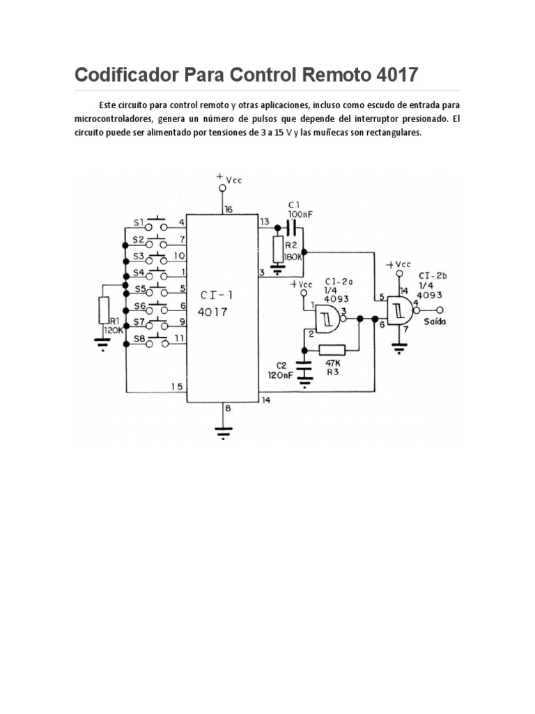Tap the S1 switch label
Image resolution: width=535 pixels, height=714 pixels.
coord(138,223)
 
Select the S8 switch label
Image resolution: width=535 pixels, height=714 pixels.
coord(138,338)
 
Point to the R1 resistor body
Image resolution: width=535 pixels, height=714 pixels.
coord(103,310)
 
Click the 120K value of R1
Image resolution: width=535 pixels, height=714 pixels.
coord(113,330)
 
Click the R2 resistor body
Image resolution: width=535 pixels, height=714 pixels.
coord(278,248)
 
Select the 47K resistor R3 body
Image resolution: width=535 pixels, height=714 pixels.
coord(332,350)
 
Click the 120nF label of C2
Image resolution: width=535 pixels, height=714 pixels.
coord(279,374)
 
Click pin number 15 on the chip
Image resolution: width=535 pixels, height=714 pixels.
coord(177,386)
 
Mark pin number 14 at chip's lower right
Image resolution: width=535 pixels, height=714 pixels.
coord(265,400)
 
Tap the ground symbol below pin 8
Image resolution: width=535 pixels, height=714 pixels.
coord(223,432)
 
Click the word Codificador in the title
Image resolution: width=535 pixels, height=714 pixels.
coord(125,74)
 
